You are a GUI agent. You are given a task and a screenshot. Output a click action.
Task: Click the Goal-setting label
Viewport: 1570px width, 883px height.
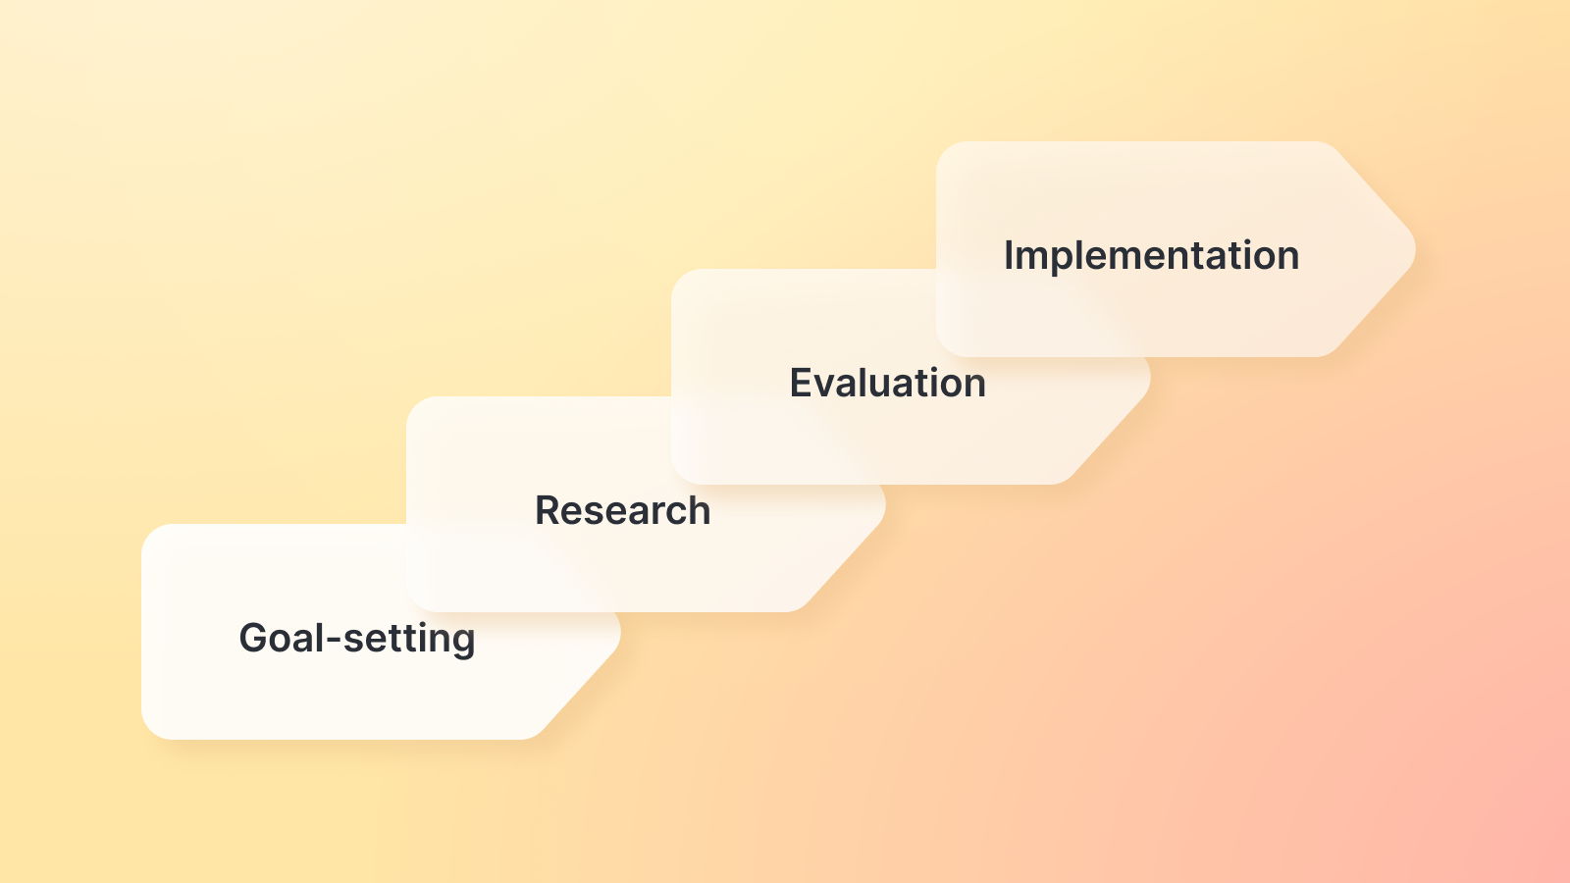(x=357, y=639)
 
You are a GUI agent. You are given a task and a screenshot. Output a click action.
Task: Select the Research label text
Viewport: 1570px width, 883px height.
(x=622, y=510)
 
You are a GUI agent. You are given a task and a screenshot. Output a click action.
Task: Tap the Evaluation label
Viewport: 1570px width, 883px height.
(x=887, y=383)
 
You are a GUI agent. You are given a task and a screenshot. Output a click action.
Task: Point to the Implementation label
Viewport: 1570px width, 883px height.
(x=1152, y=256)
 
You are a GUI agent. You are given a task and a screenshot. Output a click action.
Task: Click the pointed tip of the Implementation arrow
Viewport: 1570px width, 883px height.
(x=1415, y=249)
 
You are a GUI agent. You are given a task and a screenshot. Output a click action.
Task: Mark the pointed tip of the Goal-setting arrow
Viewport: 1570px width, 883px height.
(x=620, y=632)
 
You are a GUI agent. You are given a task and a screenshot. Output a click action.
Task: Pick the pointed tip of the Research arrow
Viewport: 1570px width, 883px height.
(x=885, y=504)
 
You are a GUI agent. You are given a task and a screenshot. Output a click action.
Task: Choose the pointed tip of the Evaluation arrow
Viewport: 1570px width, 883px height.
(x=1150, y=377)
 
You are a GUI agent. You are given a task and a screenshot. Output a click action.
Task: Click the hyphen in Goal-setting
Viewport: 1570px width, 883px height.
(x=334, y=640)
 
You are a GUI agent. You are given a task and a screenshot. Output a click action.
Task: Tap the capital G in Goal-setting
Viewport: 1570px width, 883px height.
(x=254, y=638)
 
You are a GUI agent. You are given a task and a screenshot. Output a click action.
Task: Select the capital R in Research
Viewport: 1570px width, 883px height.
(x=549, y=510)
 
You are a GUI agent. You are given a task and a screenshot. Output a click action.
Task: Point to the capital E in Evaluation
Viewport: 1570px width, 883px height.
(x=802, y=383)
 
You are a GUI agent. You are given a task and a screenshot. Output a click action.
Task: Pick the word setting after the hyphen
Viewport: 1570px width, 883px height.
(x=409, y=639)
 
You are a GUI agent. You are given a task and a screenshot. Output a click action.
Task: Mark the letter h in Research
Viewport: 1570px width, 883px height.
(x=700, y=509)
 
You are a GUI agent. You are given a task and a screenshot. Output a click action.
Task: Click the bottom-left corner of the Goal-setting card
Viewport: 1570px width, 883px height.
(x=143, y=738)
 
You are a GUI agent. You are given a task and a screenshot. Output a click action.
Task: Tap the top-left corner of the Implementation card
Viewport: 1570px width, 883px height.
(x=938, y=143)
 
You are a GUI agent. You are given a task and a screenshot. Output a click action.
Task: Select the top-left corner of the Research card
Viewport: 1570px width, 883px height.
(x=408, y=398)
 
